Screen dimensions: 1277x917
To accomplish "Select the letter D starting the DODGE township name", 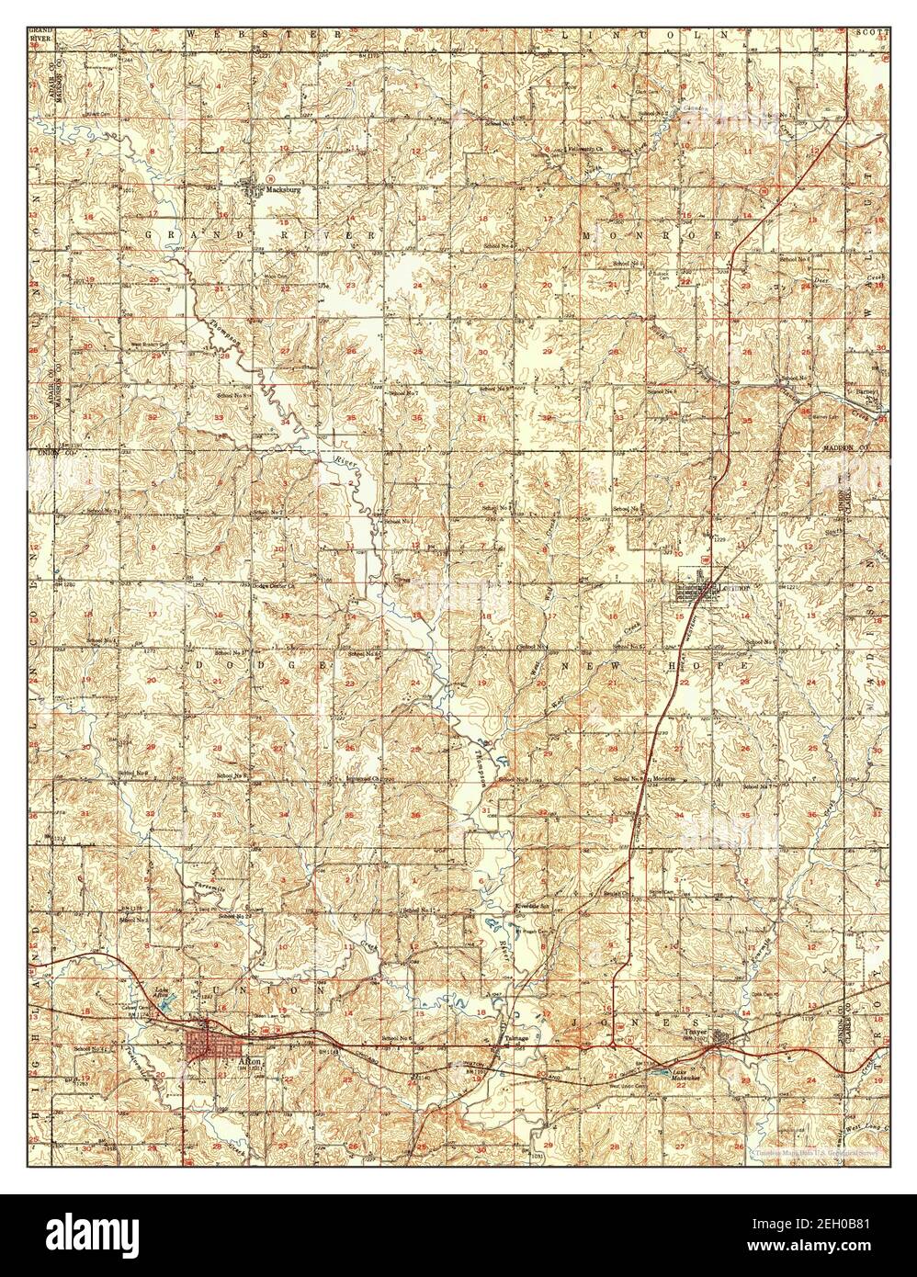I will click(x=197, y=663).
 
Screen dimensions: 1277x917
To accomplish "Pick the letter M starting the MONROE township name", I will click(x=589, y=235).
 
